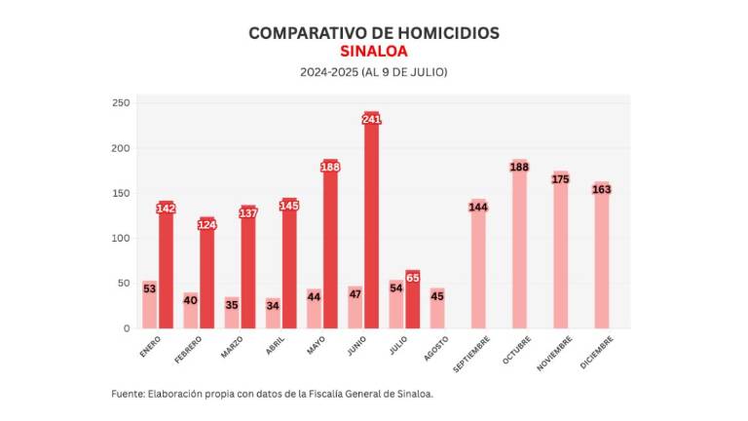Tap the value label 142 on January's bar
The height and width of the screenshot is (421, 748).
(x=166, y=209)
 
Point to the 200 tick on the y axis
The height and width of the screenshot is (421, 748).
(x=120, y=148)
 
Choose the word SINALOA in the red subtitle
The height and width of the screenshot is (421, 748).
(x=374, y=52)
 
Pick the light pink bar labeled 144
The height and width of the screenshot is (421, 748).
(x=478, y=268)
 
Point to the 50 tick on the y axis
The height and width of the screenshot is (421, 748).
(x=123, y=284)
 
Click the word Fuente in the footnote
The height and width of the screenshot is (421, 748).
(x=128, y=394)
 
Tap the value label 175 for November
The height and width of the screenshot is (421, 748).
(x=560, y=178)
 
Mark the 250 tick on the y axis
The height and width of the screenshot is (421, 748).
(x=120, y=103)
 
